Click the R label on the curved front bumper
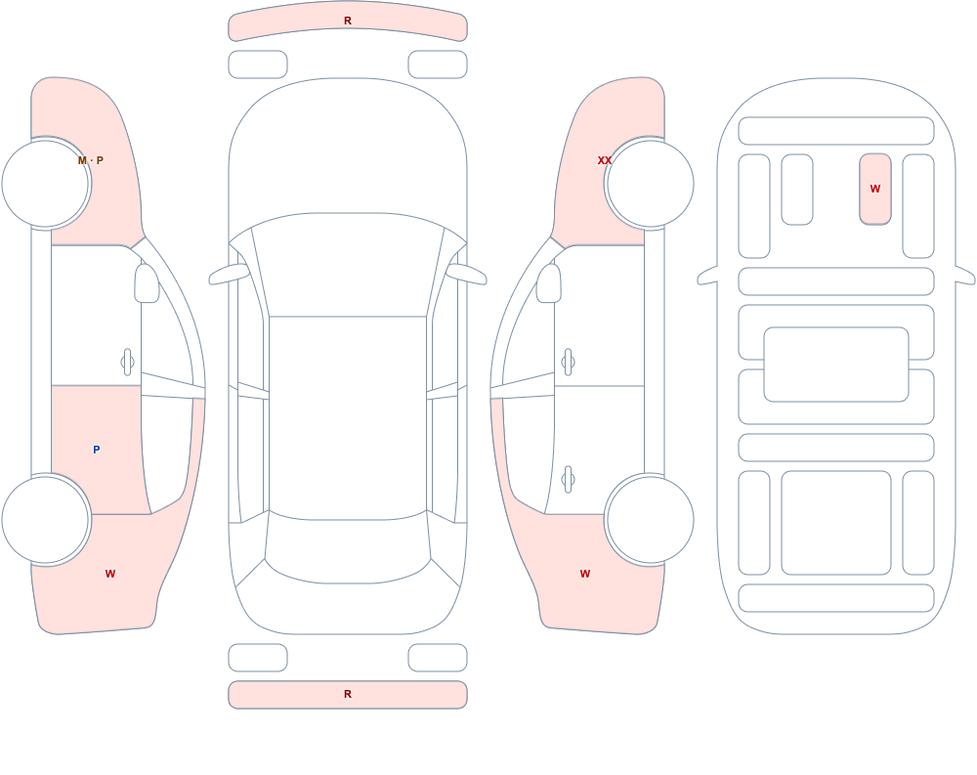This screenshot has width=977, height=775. (x=348, y=21)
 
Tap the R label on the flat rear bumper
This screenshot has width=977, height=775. (x=348, y=694)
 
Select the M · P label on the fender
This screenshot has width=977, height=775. (x=91, y=160)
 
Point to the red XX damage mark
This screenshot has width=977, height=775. (x=605, y=160)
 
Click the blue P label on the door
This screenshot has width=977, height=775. (x=96, y=450)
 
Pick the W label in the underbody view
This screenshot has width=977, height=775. (x=875, y=189)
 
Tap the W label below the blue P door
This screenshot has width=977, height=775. (x=110, y=574)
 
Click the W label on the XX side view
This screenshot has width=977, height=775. (x=585, y=574)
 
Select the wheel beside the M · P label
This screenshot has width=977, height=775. (x=46, y=184)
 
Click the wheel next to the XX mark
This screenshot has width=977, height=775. (x=650, y=184)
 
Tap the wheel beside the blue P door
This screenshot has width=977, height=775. (x=46, y=519)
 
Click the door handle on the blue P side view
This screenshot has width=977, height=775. (x=127, y=363)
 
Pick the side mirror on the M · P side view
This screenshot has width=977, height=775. (x=147, y=283)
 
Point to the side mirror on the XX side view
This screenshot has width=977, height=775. (x=549, y=283)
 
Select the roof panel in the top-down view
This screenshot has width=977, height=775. (x=348, y=417)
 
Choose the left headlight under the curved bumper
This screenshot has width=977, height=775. (x=258, y=65)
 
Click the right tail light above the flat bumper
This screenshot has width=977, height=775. (x=438, y=657)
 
